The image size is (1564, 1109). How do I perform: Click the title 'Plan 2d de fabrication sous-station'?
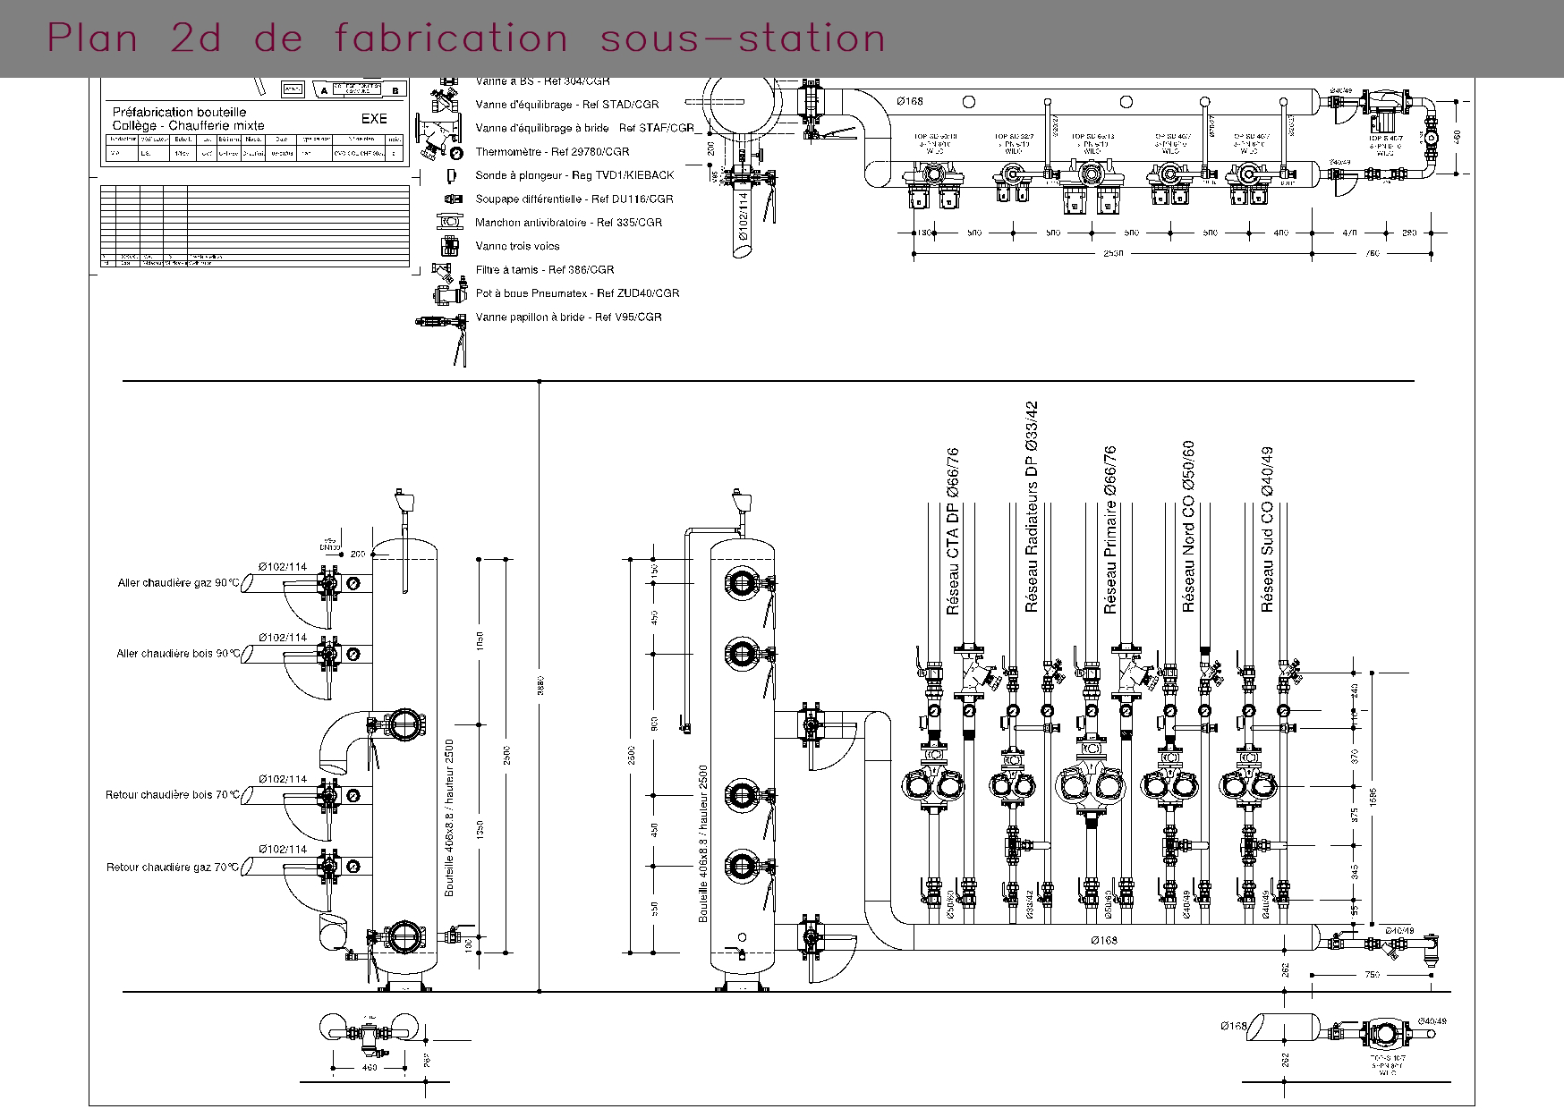[x=466, y=38]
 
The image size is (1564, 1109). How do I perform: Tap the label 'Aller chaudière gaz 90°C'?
[x=179, y=583]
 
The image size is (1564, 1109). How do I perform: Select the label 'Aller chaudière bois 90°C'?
[x=178, y=654]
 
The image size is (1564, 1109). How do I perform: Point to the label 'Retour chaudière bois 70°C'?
[x=173, y=795]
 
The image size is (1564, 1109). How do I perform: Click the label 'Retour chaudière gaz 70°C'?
[x=173, y=868]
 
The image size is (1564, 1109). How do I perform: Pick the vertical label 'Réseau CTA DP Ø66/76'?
[x=953, y=531]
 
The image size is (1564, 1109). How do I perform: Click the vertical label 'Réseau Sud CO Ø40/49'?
[x=1267, y=529]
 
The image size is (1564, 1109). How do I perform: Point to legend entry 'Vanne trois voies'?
[x=517, y=246]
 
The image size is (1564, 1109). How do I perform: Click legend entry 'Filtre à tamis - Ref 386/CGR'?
[x=544, y=269]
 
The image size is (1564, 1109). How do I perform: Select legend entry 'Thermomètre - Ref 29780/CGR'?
[x=552, y=152]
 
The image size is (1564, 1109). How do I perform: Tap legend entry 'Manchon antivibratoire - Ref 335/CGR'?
[x=568, y=223]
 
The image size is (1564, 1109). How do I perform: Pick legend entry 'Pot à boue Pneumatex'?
[x=577, y=293]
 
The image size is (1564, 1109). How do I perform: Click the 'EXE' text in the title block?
[x=374, y=118]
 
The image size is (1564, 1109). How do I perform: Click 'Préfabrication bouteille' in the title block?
[x=179, y=112]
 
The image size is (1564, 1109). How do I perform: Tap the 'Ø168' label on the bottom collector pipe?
[x=1104, y=940]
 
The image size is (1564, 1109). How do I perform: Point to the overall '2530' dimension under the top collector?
[x=1112, y=253]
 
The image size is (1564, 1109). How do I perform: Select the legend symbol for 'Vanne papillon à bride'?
[x=441, y=331]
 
